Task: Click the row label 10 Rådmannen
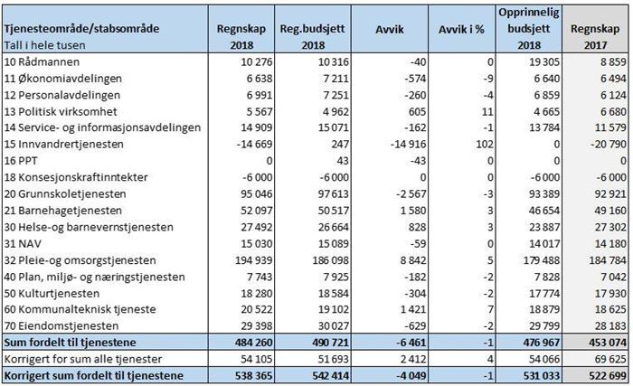click(x=42, y=61)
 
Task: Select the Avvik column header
click(x=389, y=29)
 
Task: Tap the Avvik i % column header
click(x=461, y=29)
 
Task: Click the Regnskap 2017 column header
click(x=595, y=36)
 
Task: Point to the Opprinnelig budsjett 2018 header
click(x=529, y=28)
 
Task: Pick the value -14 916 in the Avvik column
click(x=408, y=144)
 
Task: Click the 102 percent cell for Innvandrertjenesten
click(x=485, y=144)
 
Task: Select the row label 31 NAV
click(x=23, y=243)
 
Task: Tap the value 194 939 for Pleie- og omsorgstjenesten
click(x=254, y=260)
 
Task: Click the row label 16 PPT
click(x=21, y=161)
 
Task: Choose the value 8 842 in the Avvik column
click(x=413, y=260)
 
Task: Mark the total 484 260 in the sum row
click(x=254, y=343)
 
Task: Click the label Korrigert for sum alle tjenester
click(x=83, y=359)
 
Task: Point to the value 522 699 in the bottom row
click(x=608, y=376)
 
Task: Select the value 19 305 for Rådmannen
click(x=544, y=61)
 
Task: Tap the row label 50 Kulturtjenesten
click(x=52, y=293)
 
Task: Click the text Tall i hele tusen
click(x=45, y=45)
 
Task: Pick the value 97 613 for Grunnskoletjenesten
click(x=333, y=193)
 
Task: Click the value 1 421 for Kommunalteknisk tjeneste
click(x=413, y=310)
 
